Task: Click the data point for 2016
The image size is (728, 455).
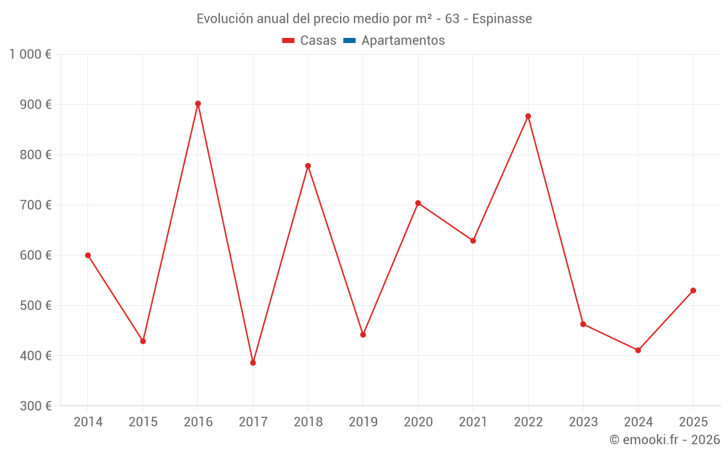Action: coord(198,103)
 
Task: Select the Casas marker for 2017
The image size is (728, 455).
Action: coord(253,363)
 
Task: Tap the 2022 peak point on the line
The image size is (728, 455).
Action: coord(528,116)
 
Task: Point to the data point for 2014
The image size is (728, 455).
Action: coord(88,256)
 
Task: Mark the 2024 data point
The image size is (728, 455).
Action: coord(638,350)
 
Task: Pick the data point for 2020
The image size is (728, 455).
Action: coord(418,203)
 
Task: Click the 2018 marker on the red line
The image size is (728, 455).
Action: coord(308,166)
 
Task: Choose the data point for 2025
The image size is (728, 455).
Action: coord(693,290)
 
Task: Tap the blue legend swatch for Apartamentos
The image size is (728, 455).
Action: coord(349,41)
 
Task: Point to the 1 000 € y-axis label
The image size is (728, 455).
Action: coord(30,55)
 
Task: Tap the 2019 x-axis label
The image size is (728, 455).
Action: coord(363,422)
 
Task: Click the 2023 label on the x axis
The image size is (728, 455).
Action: coord(583,422)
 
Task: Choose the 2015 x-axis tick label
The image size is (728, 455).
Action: coord(143,422)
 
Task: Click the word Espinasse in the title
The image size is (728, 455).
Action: coord(502,19)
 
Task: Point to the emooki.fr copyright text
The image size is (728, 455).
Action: coord(664,440)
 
